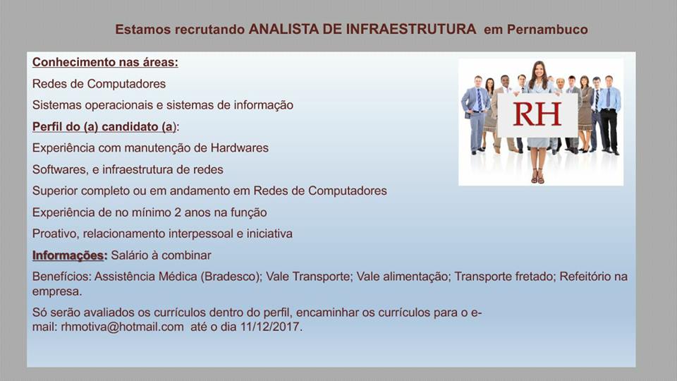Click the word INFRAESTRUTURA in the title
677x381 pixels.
pos(411,30)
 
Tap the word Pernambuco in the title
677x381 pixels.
pos(547,30)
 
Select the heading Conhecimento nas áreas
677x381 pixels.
pos(105,62)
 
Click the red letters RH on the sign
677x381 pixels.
pos(537,114)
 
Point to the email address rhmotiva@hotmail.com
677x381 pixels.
pos(122,327)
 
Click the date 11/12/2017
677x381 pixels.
pos(270,327)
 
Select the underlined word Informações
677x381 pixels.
pos(68,255)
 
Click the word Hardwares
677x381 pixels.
pos(240,147)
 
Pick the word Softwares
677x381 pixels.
pos(59,169)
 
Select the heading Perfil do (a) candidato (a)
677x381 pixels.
pos(104,126)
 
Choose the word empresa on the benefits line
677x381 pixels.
pos(57,291)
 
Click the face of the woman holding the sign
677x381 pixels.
pos(539,71)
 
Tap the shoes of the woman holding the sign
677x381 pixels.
pos(537,176)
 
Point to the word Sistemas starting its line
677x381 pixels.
pos(56,105)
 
